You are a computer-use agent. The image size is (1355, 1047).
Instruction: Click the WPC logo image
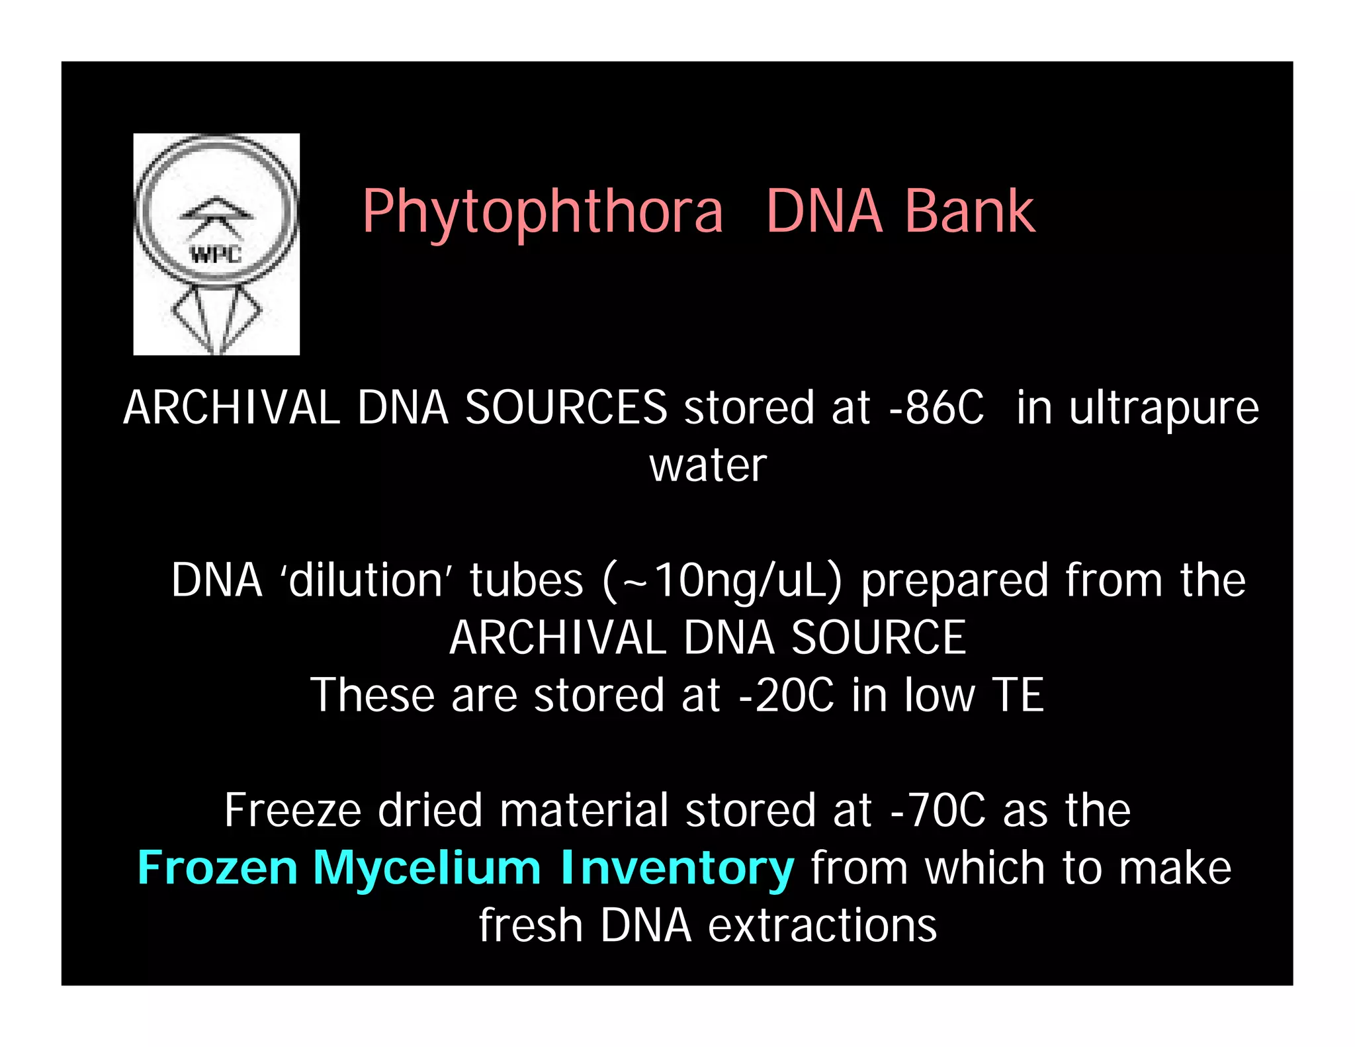click(216, 244)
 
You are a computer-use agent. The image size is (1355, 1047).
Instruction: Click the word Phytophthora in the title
click(543, 213)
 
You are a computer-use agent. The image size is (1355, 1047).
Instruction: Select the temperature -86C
click(936, 408)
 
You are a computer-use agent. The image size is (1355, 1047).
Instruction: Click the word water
click(707, 465)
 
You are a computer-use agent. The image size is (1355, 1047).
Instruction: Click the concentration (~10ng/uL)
click(722, 581)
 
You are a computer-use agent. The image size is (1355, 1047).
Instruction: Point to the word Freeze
click(292, 810)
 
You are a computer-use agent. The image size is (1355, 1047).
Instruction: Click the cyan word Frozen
click(217, 868)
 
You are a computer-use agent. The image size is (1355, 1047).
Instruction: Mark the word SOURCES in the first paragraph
click(566, 408)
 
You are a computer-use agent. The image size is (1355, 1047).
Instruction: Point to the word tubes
click(527, 580)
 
